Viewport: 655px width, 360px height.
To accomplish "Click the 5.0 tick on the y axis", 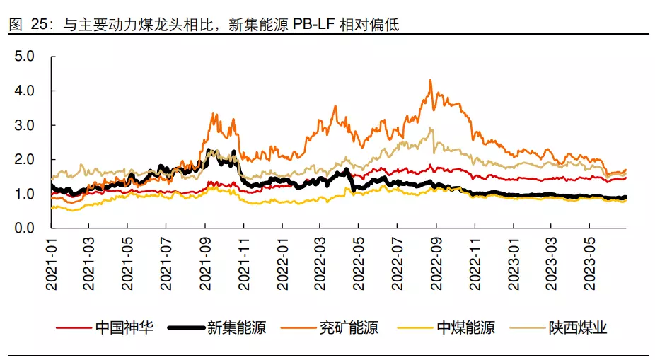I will [25, 56].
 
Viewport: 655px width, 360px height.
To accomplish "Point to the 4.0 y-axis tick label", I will [25, 91].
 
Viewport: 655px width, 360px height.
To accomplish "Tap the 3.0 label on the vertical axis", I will [25, 125].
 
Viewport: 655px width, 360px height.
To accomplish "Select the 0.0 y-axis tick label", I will [25, 228].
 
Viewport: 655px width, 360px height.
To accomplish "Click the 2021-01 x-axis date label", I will [52, 261].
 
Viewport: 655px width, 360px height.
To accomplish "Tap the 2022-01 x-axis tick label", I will [282, 261].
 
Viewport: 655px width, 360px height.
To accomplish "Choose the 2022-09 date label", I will [436, 261].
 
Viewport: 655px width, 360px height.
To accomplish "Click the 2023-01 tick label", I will [514, 261].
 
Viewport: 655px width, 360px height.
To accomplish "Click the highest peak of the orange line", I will [430, 81].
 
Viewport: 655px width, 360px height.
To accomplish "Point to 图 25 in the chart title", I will [26, 25].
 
